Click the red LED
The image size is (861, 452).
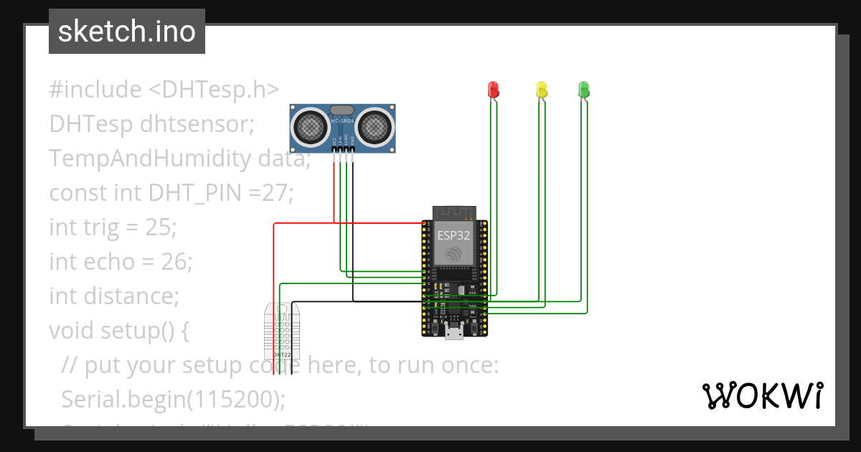point(493,89)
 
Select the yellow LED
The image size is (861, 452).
point(542,89)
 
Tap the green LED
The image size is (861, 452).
point(583,89)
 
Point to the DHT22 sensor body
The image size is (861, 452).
point(281,330)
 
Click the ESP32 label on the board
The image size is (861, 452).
point(453,234)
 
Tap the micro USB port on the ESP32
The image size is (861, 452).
point(453,331)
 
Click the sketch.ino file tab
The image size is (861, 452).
point(127,32)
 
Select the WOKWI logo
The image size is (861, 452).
point(761,395)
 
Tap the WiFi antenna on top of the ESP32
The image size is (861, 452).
point(453,213)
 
